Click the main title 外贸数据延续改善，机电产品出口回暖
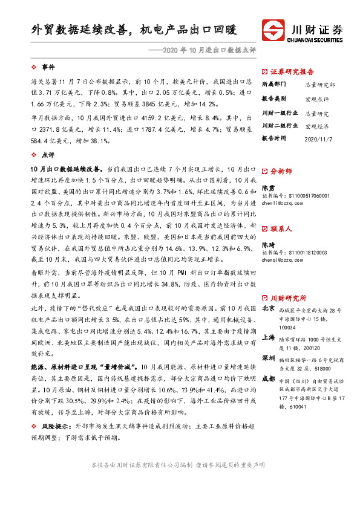[134, 29]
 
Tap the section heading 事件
[48, 66]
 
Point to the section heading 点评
[48, 155]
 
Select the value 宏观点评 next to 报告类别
[317, 99]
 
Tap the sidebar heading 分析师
[281, 171]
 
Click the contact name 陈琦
[267, 245]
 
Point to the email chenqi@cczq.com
[283, 260]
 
